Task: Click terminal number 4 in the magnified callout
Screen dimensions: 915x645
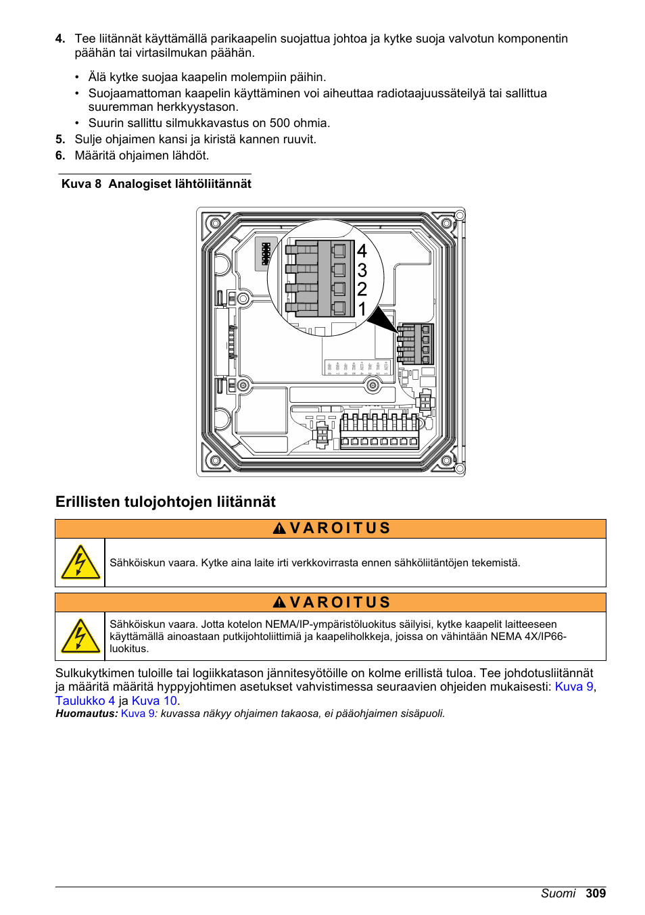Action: coord(362,251)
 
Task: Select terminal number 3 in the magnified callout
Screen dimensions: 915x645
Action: coord(362,270)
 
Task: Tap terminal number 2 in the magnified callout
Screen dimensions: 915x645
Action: coord(362,289)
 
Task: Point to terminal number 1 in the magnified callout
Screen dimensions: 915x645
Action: coord(362,309)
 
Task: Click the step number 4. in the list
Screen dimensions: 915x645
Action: coord(60,39)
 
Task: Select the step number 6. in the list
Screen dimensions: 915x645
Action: coord(60,155)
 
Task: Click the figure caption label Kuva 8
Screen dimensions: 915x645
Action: coord(81,184)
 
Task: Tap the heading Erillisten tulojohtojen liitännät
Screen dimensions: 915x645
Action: coord(166,501)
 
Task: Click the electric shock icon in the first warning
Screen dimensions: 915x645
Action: coord(80,562)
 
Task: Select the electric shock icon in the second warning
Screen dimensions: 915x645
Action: coord(80,637)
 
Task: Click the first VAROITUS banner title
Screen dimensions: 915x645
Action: coord(332,528)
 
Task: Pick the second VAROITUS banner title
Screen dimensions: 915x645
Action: coord(332,603)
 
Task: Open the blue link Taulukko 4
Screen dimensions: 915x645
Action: coord(85,701)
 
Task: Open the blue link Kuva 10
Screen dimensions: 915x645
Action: coord(154,701)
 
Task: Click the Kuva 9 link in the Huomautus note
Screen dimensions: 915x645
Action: coord(137,714)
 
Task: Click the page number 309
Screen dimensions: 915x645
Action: coord(596,893)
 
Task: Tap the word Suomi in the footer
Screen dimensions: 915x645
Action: coord(558,893)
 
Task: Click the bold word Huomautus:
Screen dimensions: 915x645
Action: coord(87,714)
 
